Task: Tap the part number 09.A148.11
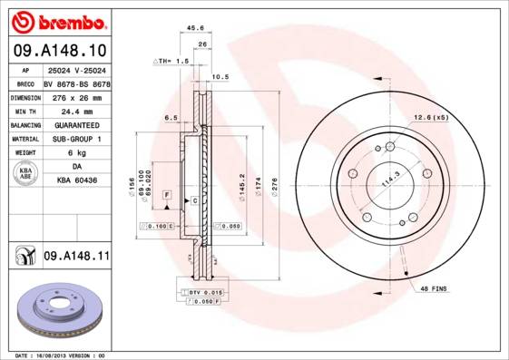click(x=76, y=258)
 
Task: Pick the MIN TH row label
click(x=26, y=111)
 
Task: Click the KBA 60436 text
click(x=75, y=181)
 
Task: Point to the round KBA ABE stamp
click(x=26, y=174)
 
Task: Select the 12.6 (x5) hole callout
click(x=432, y=116)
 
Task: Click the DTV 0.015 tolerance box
click(x=204, y=292)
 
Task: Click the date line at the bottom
click(x=62, y=355)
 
